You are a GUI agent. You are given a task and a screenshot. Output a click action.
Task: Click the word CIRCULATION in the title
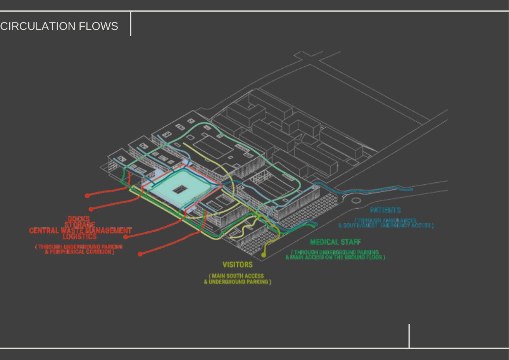pos(38,26)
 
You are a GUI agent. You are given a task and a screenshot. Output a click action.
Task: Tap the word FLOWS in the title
pos(98,26)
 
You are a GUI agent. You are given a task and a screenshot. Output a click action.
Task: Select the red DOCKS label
pos(79,219)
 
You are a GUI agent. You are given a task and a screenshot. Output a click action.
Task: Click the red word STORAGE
pos(80,225)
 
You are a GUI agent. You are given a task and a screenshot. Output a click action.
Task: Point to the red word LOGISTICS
pos(79,236)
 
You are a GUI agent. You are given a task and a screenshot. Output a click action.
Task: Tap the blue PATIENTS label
pos(385,210)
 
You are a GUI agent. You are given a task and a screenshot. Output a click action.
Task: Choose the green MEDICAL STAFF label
pos(335,242)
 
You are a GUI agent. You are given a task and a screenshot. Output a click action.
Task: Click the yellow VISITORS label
pos(237,265)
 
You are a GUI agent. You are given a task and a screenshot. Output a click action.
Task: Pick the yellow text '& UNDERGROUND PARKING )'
pos(238,282)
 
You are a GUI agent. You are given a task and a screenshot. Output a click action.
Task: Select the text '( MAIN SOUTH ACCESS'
pos(236,276)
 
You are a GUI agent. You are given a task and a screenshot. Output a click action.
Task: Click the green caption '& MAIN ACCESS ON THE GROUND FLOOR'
pos(335,257)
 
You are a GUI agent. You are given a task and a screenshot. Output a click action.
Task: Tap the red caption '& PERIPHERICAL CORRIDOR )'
pos(79,252)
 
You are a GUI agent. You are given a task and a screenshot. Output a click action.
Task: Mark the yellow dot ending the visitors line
pos(264,255)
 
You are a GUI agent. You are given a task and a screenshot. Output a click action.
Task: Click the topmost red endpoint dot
pos(87,196)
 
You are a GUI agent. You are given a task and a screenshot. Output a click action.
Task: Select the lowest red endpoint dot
pos(140,254)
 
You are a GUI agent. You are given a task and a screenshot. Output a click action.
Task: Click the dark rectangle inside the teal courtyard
pos(179,189)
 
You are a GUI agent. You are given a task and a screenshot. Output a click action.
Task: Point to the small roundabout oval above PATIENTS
pos(356,201)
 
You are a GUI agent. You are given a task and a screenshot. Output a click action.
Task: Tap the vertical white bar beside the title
pos(131,24)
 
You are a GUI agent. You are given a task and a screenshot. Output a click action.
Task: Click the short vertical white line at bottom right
pos(409,336)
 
